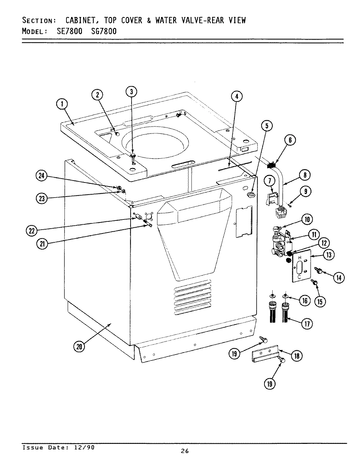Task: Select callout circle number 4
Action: pos(237,96)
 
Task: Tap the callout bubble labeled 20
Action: pos(79,347)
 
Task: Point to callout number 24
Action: pos(41,176)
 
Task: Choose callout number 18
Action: pos(297,356)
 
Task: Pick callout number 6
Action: pos(290,140)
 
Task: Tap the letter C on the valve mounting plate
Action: pos(299,277)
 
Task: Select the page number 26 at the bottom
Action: pos(185,451)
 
